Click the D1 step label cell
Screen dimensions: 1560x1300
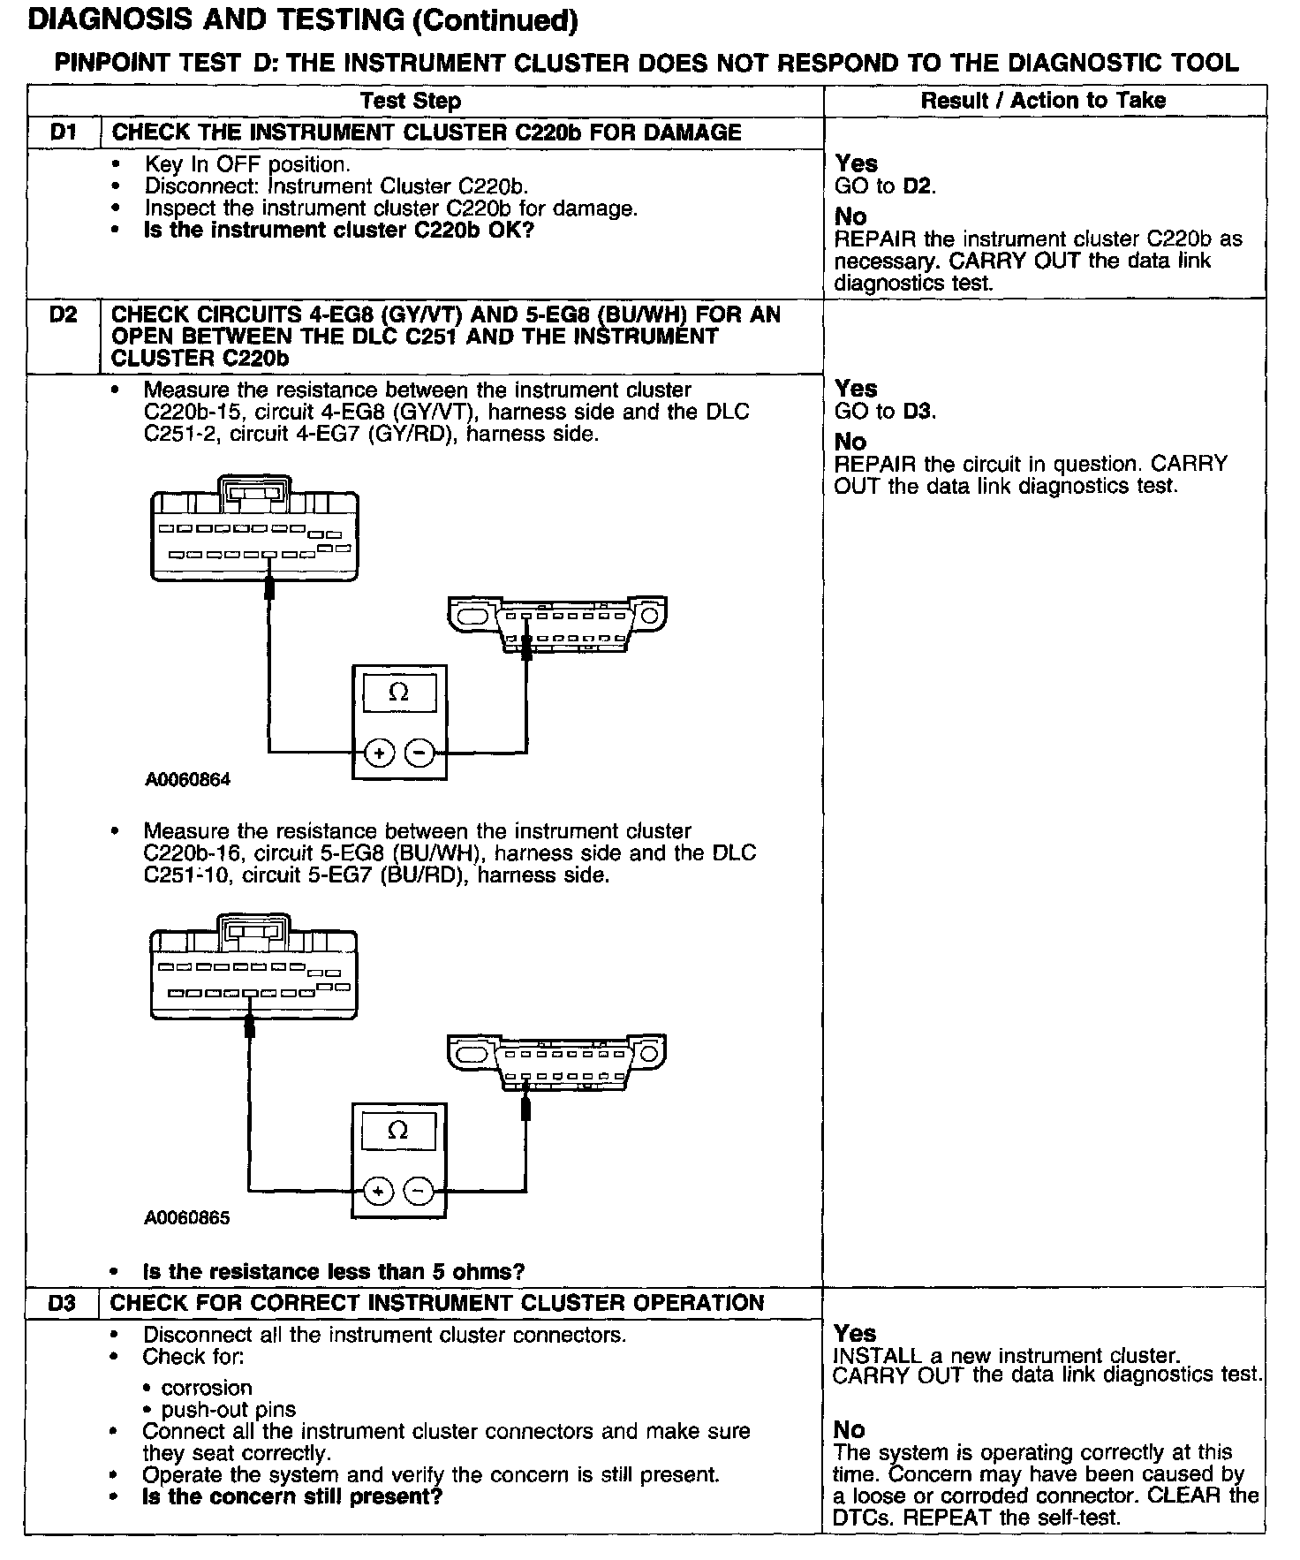point(64,133)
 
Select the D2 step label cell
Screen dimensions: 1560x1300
point(64,315)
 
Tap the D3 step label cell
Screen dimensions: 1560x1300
point(64,1303)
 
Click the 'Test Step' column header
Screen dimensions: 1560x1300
point(411,101)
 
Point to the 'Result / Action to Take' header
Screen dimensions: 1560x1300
point(1043,101)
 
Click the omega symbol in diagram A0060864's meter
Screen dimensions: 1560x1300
point(399,693)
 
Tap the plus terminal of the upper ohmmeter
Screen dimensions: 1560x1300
point(380,753)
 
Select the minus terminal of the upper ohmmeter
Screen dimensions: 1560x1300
point(420,753)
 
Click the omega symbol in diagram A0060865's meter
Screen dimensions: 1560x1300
point(398,1131)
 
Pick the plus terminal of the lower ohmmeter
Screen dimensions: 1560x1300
point(379,1191)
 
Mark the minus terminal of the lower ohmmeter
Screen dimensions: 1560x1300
point(419,1191)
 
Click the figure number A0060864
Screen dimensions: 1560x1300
point(188,780)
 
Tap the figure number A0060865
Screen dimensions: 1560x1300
point(187,1218)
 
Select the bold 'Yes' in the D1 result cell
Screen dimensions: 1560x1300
point(856,163)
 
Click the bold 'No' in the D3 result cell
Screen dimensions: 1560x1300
point(850,1429)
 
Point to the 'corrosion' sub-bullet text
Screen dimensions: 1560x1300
point(207,1388)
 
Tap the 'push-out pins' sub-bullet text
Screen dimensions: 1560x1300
point(229,1410)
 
